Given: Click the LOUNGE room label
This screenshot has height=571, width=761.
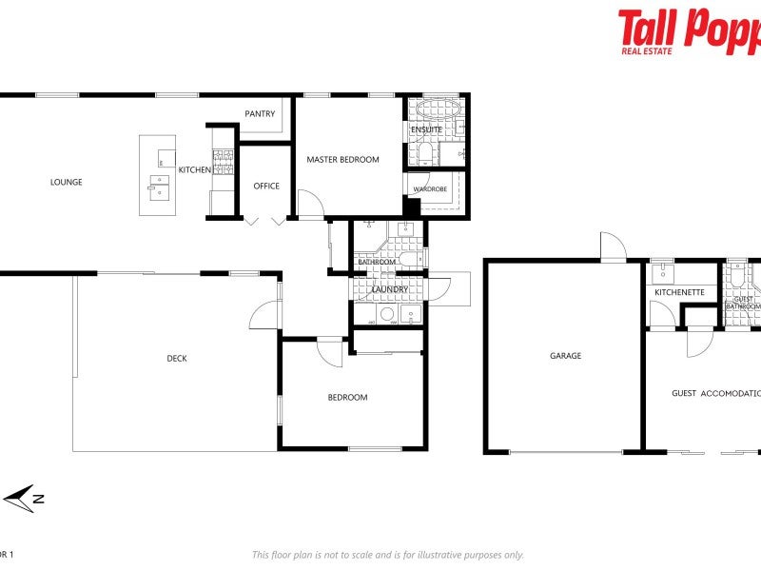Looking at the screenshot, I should (x=67, y=182).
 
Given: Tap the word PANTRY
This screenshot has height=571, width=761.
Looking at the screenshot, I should (x=260, y=114).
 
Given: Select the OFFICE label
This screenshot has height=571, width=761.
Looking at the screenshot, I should (x=266, y=186).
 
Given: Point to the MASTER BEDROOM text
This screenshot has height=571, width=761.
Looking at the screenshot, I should (x=342, y=160).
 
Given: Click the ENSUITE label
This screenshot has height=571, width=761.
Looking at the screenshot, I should (x=425, y=129).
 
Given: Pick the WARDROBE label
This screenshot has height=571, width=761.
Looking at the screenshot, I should (x=430, y=189).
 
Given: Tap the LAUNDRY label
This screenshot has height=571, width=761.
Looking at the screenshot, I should (x=390, y=289).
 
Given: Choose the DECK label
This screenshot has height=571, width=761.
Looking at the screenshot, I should (x=177, y=359).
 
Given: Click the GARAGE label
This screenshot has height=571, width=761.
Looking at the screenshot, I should (x=565, y=356).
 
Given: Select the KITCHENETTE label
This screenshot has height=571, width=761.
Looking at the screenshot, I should (x=679, y=292).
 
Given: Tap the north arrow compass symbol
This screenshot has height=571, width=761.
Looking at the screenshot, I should (x=24, y=498).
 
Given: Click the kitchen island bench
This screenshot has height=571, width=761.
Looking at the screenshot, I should (x=158, y=175).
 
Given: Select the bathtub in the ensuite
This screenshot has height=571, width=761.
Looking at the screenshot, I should (x=435, y=108).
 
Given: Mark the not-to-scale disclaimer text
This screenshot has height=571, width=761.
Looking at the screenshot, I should (x=387, y=555).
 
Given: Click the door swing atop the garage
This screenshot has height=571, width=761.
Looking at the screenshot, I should (x=612, y=246).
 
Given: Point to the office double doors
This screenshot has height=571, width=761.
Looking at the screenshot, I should (x=264, y=222).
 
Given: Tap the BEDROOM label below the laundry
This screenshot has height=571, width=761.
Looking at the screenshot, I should (x=347, y=398).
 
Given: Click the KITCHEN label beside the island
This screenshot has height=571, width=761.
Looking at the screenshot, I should (x=195, y=169).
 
